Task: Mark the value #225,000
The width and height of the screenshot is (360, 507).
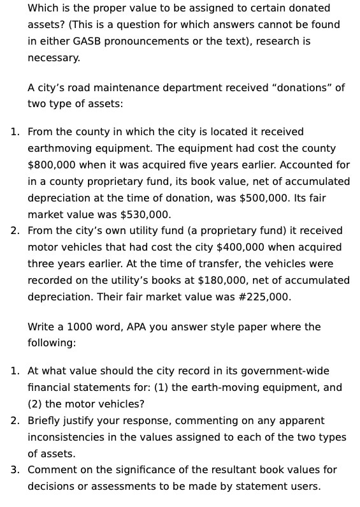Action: point(263,297)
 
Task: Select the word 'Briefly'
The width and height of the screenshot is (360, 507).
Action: point(45,421)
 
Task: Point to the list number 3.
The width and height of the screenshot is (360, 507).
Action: point(15,470)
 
